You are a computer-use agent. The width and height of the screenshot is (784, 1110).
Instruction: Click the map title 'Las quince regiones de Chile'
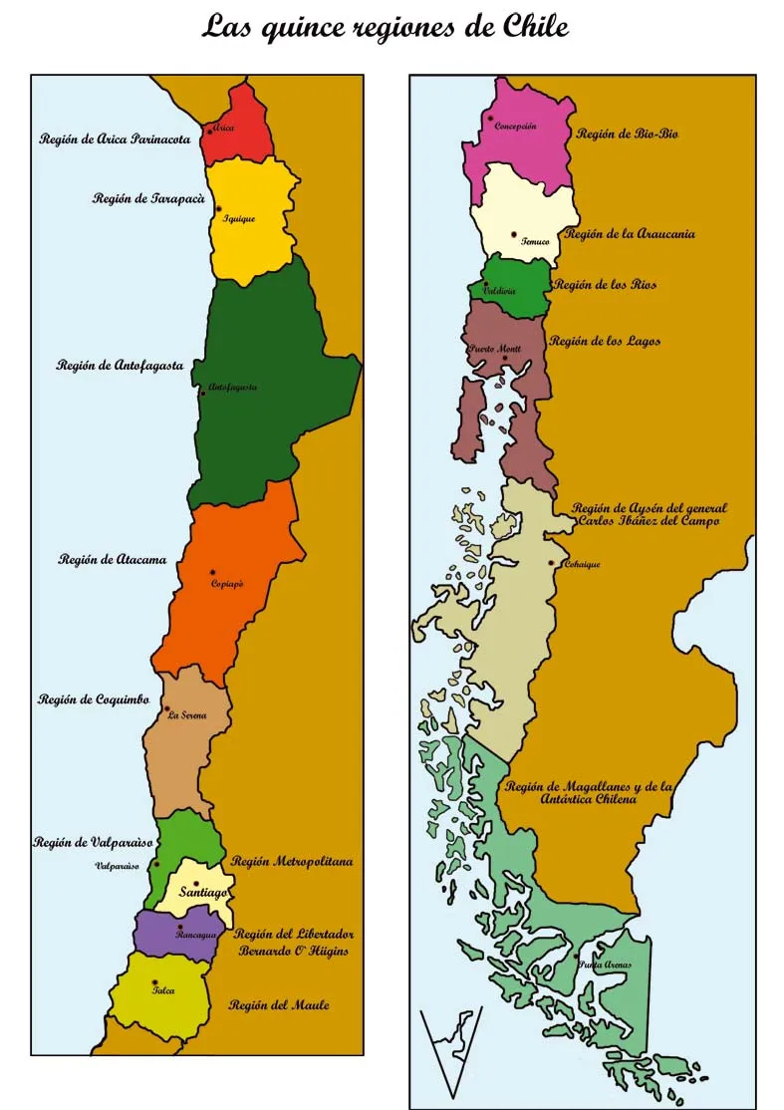click(x=386, y=27)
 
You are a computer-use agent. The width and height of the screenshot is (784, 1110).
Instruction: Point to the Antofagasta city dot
click(x=202, y=394)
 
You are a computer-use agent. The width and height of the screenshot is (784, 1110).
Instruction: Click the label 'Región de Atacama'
click(x=112, y=560)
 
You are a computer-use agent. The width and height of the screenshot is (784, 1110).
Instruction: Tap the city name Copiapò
click(x=227, y=585)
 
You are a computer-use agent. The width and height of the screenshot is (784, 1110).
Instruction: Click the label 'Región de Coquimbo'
click(x=93, y=699)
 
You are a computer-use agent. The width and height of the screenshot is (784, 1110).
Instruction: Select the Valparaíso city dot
click(x=155, y=864)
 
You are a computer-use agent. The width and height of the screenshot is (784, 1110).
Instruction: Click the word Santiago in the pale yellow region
click(x=204, y=894)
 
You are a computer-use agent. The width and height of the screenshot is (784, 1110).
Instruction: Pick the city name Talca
click(x=162, y=992)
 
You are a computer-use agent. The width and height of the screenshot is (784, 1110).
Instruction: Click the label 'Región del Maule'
click(x=279, y=1005)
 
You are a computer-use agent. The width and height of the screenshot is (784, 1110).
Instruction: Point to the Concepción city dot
click(x=490, y=119)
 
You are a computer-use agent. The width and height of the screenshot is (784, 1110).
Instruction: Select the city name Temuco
click(x=535, y=242)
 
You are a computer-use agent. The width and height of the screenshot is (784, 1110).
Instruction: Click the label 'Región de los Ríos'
click(x=605, y=285)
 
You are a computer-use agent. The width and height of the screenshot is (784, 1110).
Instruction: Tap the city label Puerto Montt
click(x=495, y=350)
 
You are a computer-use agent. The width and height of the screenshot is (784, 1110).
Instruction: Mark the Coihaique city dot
click(x=551, y=563)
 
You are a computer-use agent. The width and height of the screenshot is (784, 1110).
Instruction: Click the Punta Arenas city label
click(x=605, y=965)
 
